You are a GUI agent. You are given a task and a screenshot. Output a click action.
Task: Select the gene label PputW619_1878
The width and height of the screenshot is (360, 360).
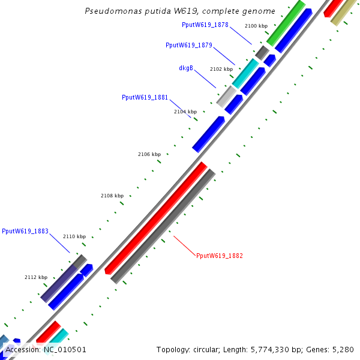coord(205,25)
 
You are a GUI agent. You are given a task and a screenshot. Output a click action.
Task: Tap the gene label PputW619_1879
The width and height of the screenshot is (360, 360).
coord(188,45)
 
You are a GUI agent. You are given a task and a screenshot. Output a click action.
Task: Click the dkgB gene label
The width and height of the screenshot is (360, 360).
coord(186,68)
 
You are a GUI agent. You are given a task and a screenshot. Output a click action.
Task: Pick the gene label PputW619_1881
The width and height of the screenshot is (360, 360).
coord(145,97)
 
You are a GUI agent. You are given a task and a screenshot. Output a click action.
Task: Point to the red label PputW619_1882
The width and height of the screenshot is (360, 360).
coord(220,256)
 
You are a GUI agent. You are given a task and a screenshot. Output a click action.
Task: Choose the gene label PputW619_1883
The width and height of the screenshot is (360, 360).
coord(25,231)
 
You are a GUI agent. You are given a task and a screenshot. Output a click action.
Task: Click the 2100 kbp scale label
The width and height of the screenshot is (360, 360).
coord(256,26)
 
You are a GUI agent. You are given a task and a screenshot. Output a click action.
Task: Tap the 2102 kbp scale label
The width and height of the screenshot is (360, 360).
coord(221,69)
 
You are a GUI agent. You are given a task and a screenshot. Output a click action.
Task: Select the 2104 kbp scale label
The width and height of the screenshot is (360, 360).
coord(185,112)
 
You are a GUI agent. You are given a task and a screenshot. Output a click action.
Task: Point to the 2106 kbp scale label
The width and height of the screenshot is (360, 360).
coord(149,154)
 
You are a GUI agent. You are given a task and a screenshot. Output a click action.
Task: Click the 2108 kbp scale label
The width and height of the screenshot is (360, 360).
coord(112,196)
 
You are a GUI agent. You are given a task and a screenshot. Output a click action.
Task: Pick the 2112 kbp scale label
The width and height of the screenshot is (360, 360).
coord(36,277)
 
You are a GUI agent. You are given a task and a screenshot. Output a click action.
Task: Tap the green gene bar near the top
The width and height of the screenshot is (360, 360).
coord(286,23)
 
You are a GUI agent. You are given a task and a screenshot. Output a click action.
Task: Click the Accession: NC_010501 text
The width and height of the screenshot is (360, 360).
coord(46,349)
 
